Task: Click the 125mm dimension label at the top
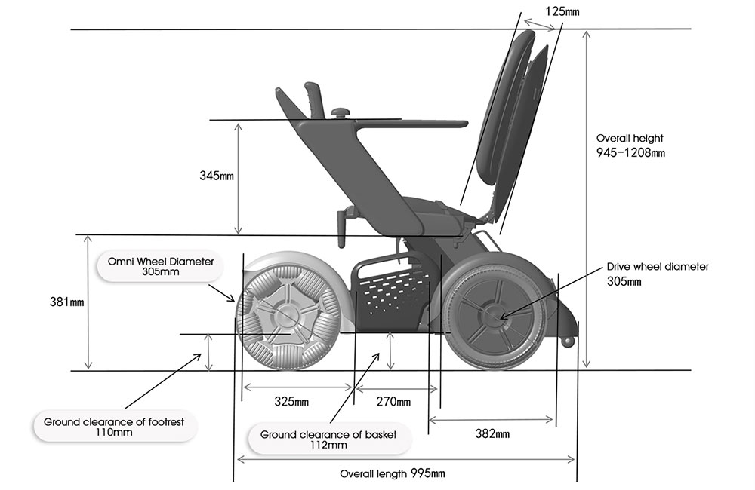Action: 565,11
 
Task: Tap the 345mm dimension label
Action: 217,176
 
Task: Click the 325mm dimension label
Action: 291,401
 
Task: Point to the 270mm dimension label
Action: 393,401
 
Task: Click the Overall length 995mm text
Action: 392,473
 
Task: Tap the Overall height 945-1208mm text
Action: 630,145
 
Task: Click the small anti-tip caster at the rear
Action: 568,341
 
